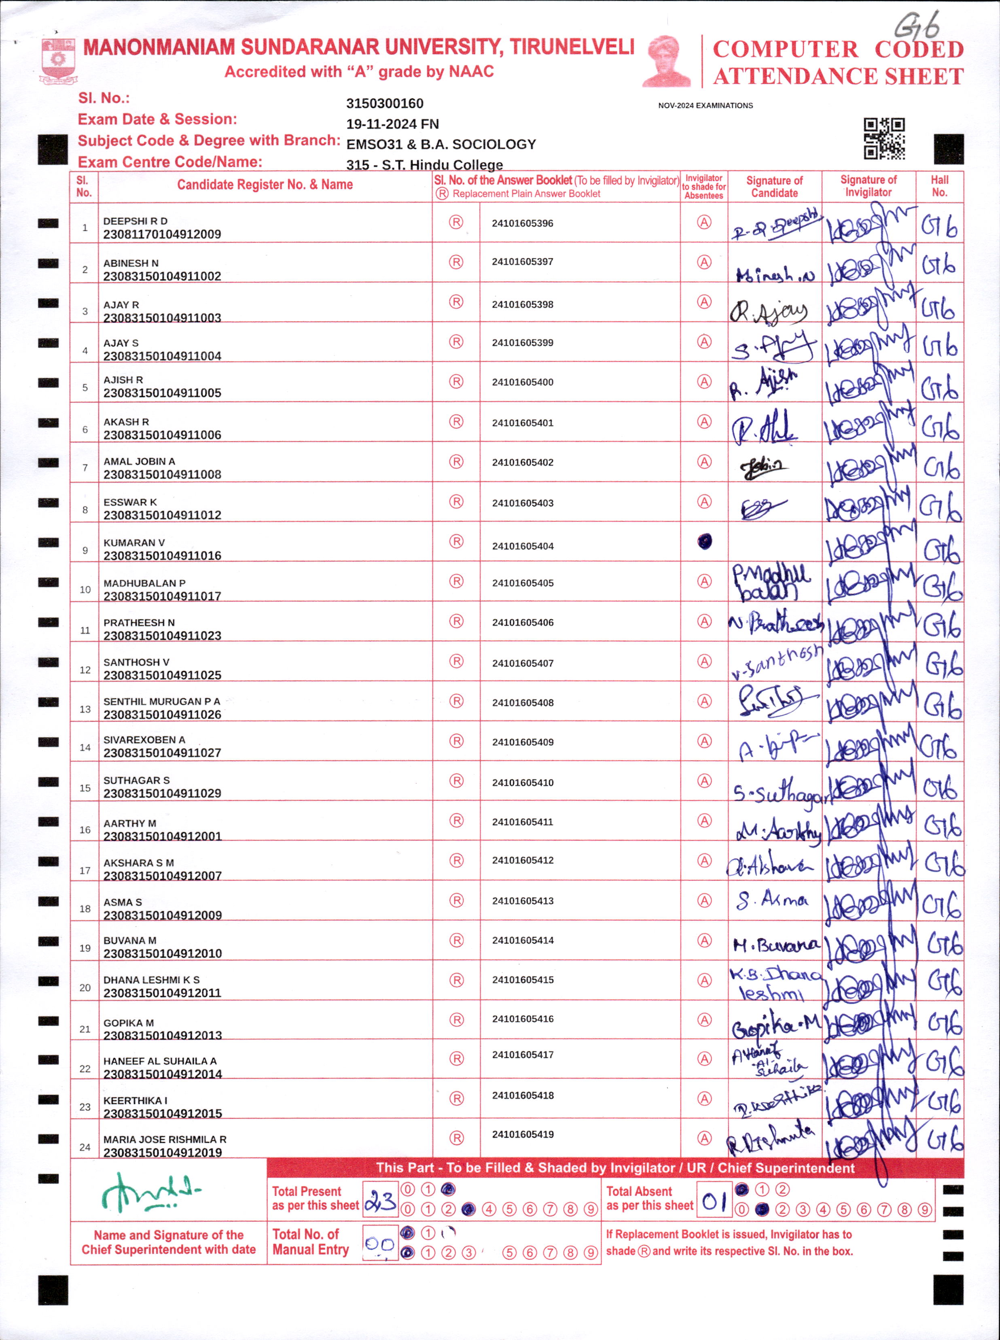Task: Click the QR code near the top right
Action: pos(884,139)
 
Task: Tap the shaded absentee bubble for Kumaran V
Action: pos(704,541)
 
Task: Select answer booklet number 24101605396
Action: pos(522,223)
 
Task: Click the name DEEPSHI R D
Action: pos(135,221)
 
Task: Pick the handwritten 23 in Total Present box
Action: pos(381,1200)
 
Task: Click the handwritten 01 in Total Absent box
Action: pos(714,1200)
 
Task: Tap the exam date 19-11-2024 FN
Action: pos(392,124)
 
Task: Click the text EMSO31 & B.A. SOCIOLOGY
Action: pos(441,144)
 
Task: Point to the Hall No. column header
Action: pos(939,186)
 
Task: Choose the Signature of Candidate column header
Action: pos(774,187)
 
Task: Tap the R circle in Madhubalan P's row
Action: pos(456,581)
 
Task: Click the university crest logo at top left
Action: pos(58,60)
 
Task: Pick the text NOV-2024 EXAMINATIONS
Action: pos(705,105)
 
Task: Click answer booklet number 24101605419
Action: pos(522,1134)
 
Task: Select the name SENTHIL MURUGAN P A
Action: pos(162,701)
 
